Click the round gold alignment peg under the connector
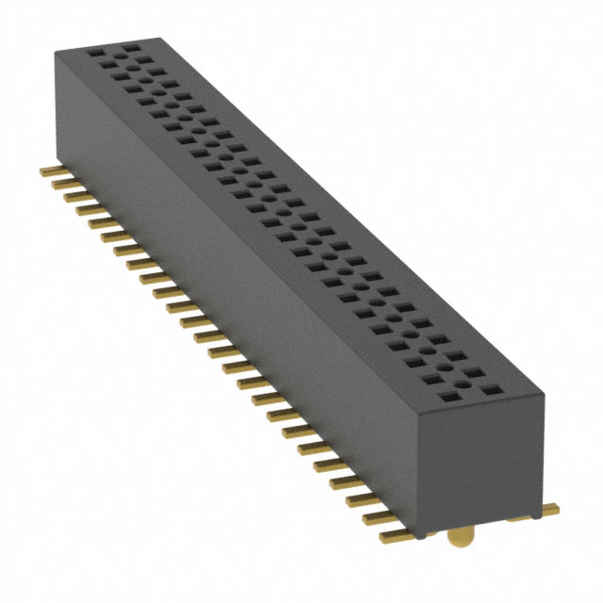tap(459, 539)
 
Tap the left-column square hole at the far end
tap(94, 54)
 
